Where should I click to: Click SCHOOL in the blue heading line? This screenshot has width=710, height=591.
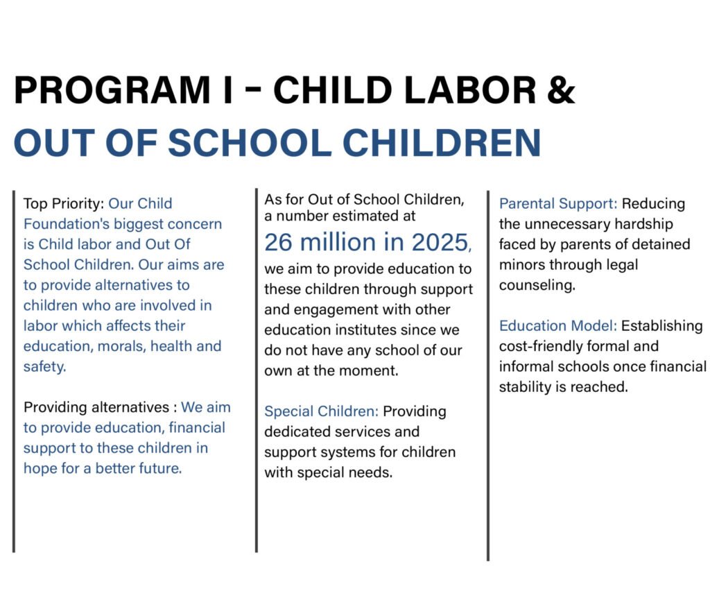(250, 143)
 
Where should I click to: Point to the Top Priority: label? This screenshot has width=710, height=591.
(63, 204)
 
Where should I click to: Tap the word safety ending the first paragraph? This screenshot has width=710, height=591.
(44, 366)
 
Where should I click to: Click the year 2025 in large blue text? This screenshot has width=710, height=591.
(437, 242)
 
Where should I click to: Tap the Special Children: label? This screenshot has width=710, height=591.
(320, 411)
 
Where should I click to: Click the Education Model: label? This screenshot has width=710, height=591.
(558, 326)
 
